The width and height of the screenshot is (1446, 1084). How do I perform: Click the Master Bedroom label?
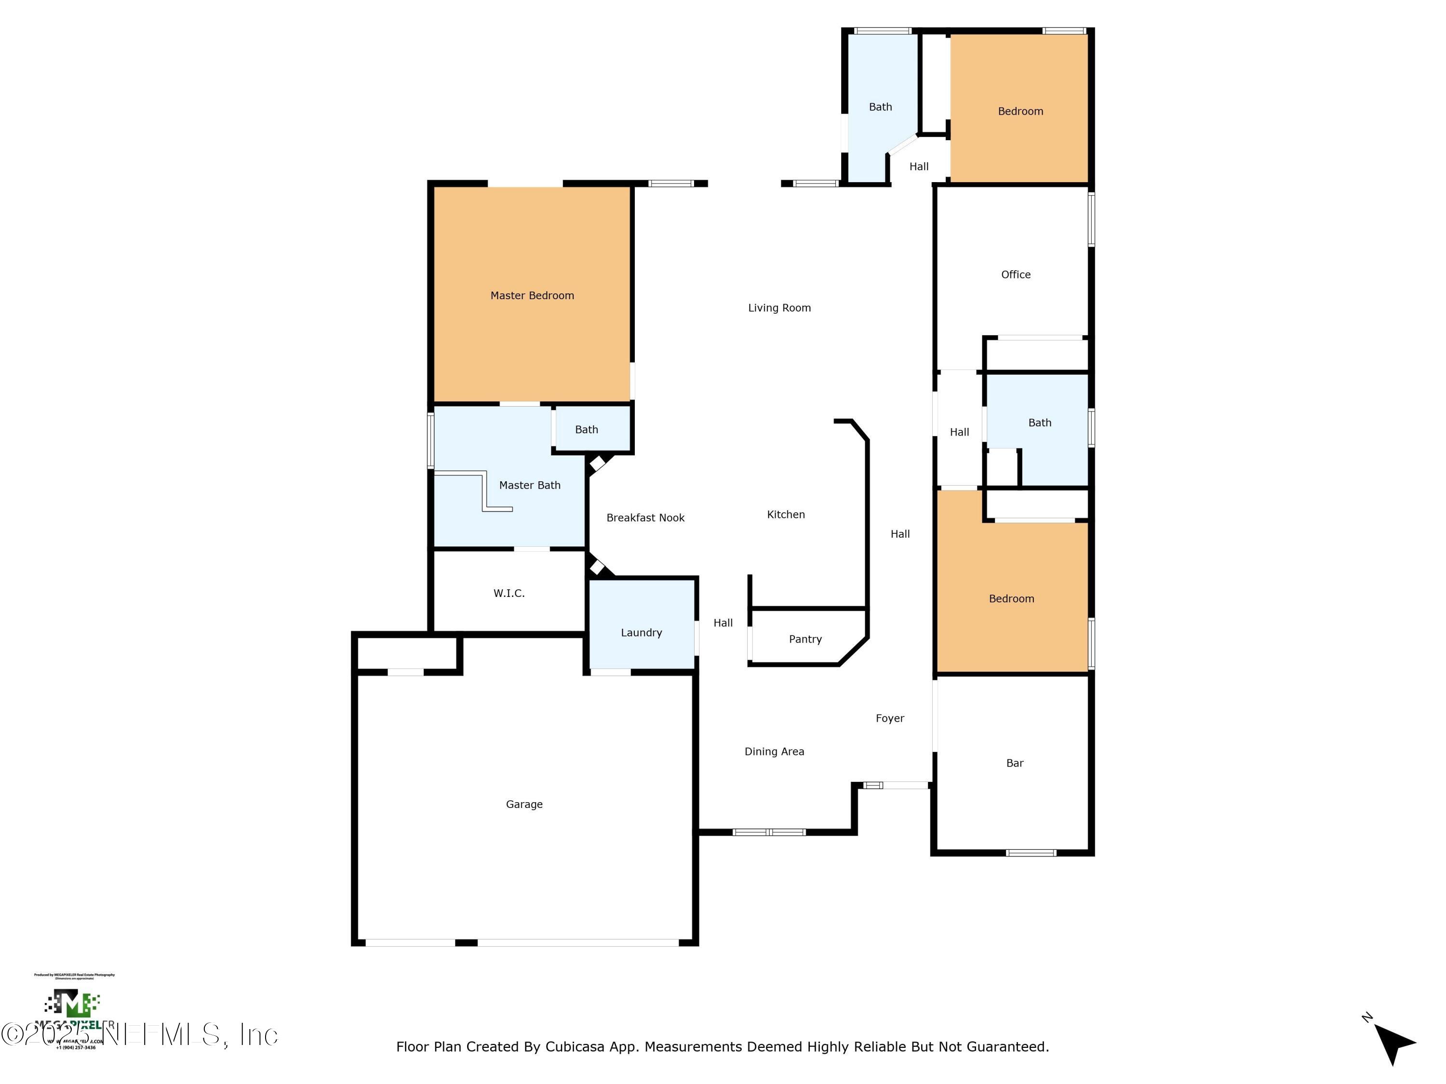pyautogui.click(x=532, y=295)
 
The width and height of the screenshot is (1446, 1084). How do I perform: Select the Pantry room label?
pyautogui.click(x=805, y=639)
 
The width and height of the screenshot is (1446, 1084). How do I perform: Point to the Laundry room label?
pyautogui.click(x=641, y=633)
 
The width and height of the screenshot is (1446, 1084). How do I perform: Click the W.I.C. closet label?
pyautogui.click(x=509, y=593)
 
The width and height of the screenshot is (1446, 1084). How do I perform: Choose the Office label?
pyautogui.click(x=1015, y=275)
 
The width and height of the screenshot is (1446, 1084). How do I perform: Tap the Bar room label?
pyautogui.click(x=1014, y=763)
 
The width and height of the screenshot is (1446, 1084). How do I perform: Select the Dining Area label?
pyautogui.click(x=774, y=752)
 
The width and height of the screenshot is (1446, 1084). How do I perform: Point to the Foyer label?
pyautogui.click(x=890, y=718)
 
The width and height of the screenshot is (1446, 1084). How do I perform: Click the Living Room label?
pyautogui.click(x=779, y=308)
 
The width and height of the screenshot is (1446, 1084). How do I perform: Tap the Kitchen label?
pyautogui.click(x=785, y=514)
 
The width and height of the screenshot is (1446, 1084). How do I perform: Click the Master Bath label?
pyautogui.click(x=530, y=485)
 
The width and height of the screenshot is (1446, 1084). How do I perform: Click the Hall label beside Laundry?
pyautogui.click(x=723, y=622)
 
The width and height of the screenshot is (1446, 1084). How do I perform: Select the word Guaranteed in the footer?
pyautogui.click(x=1007, y=1047)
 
